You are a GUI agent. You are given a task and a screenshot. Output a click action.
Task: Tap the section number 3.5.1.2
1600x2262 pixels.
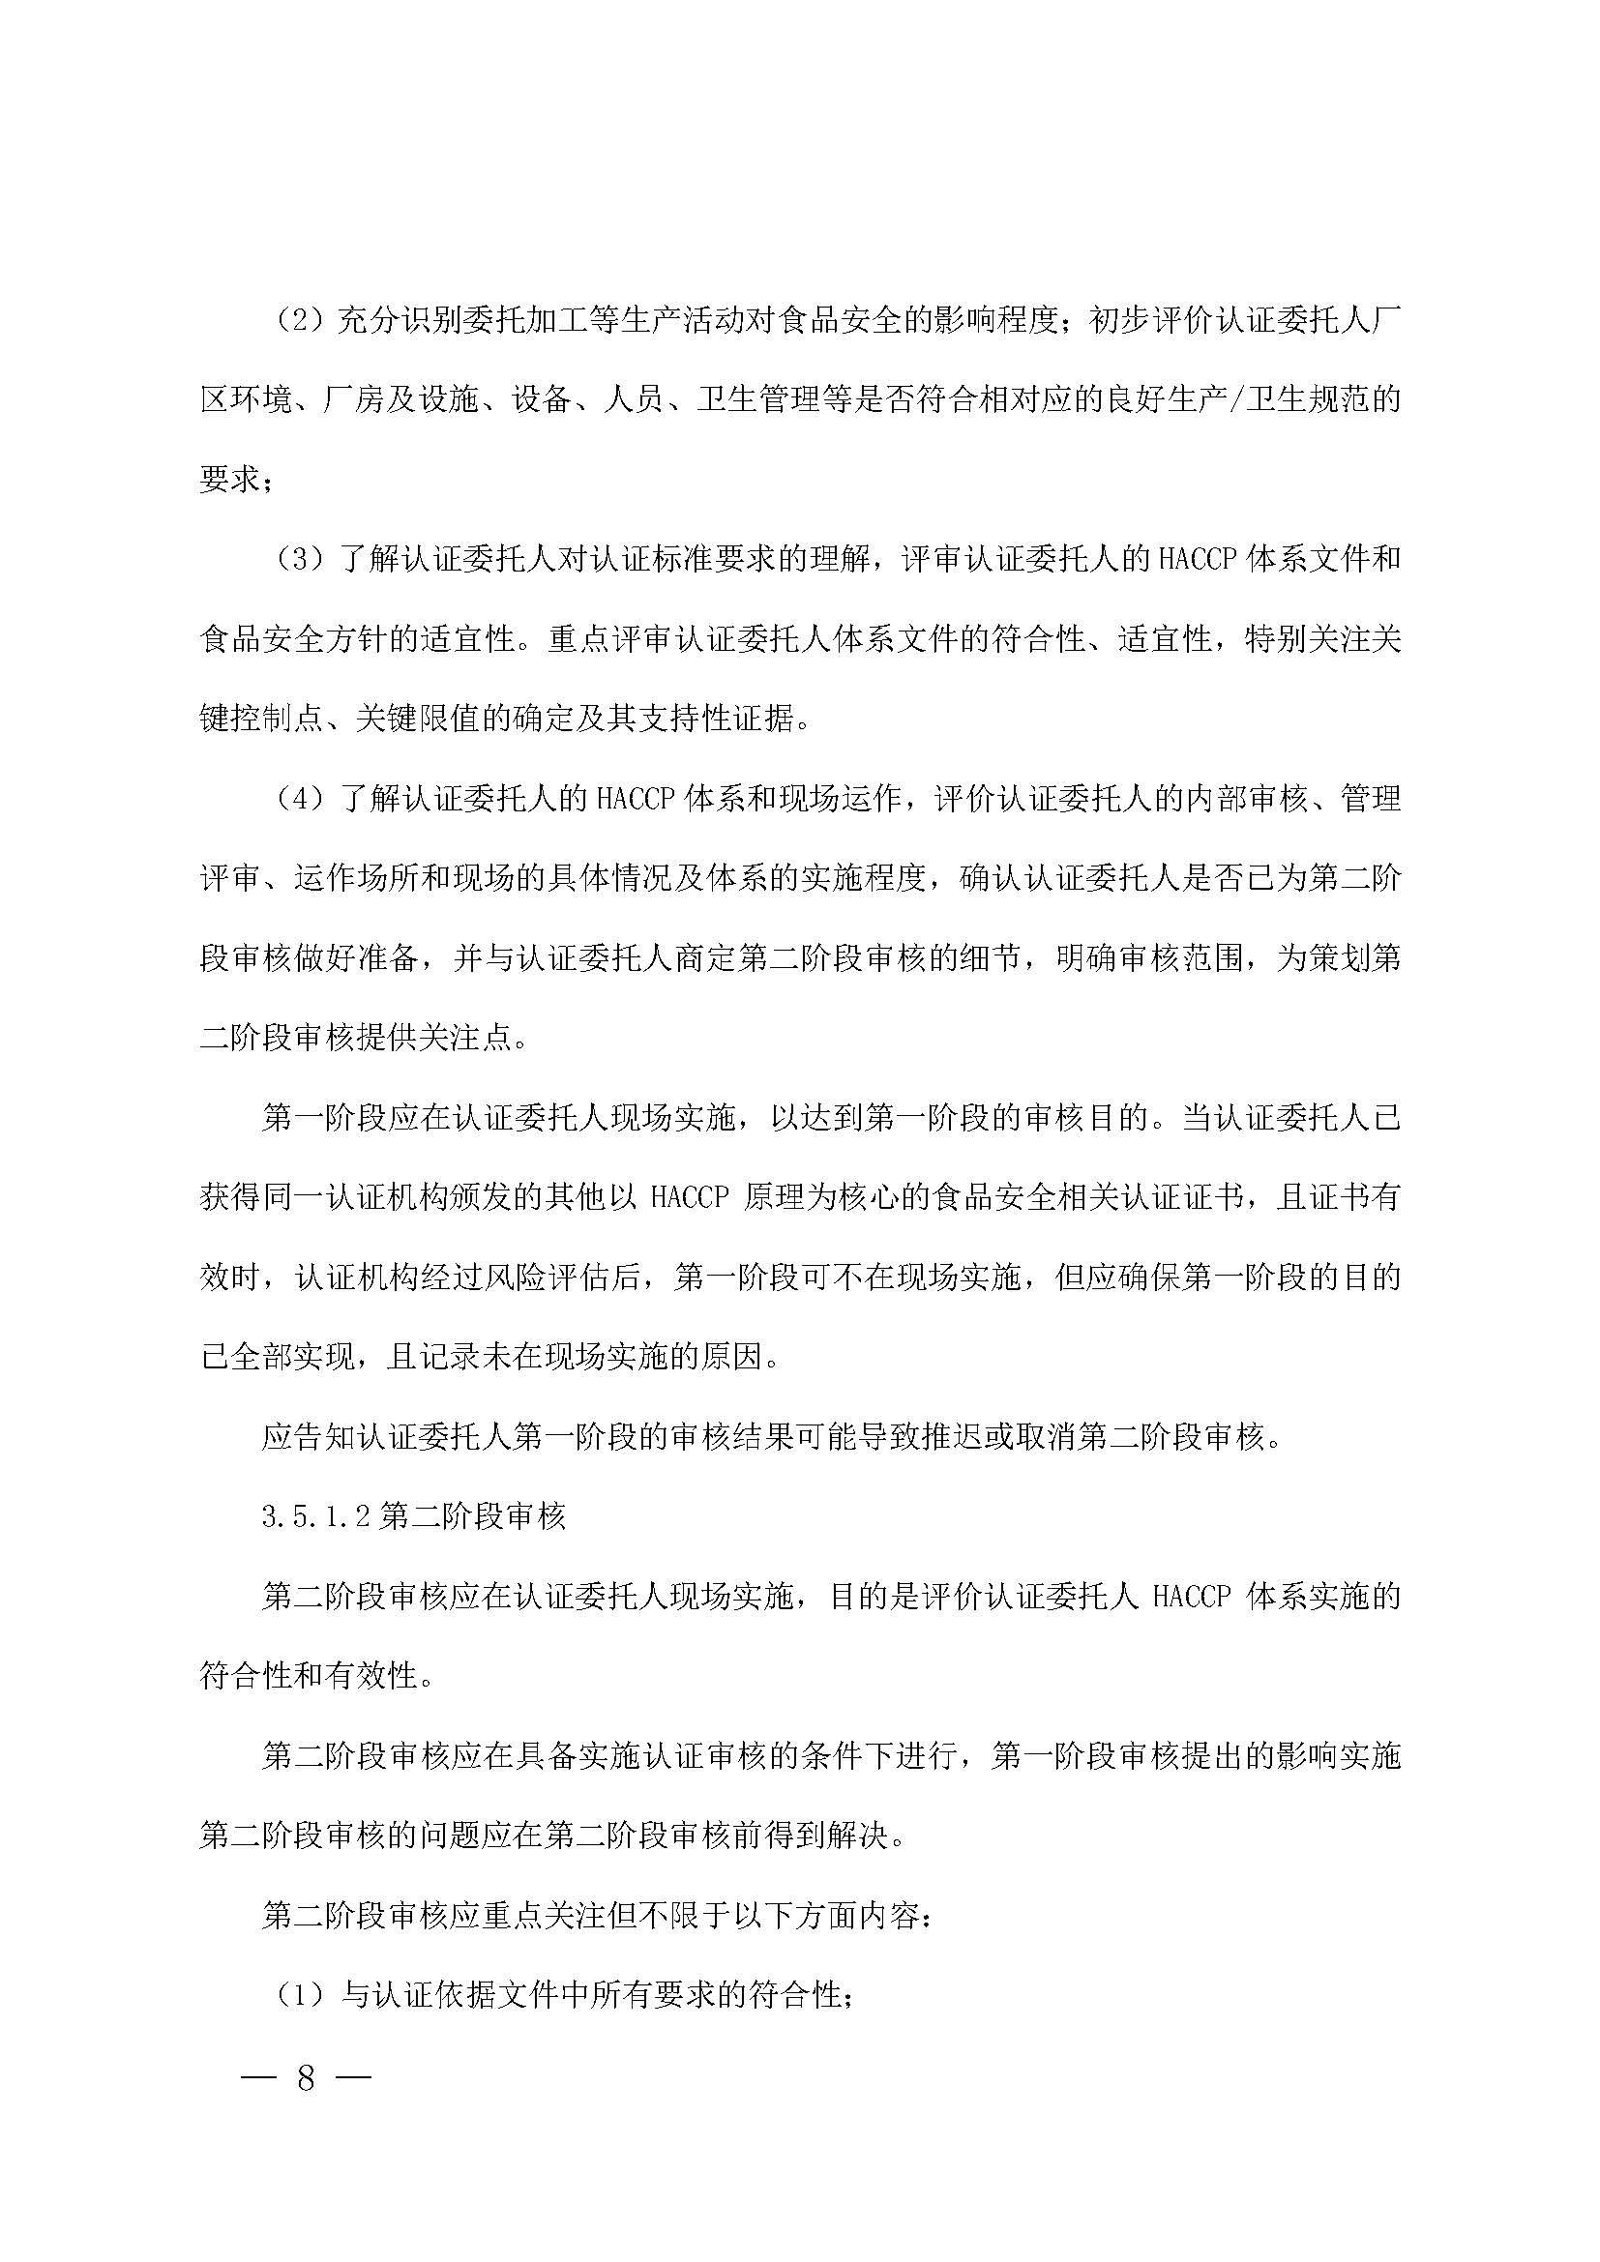(x=315, y=1517)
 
